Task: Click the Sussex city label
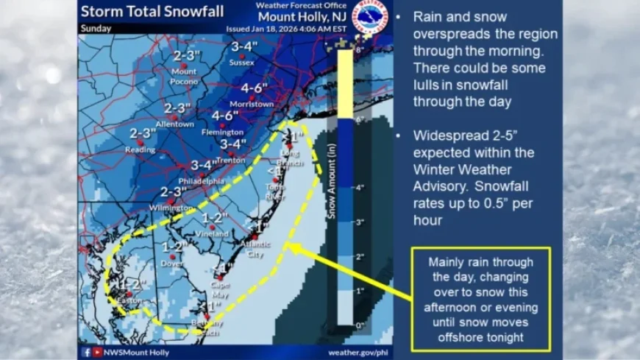click(241, 63)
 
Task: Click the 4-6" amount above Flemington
click(225, 116)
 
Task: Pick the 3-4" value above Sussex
click(243, 47)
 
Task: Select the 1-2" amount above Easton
click(130, 283)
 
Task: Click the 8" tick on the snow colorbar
click(360, 50)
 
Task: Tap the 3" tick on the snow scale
click(360, 222)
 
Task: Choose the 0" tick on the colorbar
click(360, 324)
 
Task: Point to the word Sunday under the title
click(96, 29)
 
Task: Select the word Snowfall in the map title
click(189, 12)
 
